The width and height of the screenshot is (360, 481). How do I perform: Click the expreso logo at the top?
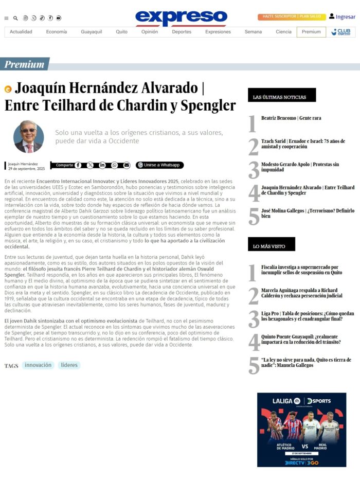[x=181, y=17]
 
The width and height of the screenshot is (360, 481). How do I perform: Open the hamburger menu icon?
[x=6, y=18]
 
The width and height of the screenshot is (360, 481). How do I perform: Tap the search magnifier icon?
[x=15, y=18]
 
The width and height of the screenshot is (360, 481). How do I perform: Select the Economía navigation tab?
[x=56, y=32]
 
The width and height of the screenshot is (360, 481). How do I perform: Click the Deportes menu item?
[x=182, y=32]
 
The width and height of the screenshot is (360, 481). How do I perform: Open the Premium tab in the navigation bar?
[x=311, y=32]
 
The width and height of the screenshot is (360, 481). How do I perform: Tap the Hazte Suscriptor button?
[x=278, y=17]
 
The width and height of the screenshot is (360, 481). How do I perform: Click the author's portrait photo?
[x=28, y=136]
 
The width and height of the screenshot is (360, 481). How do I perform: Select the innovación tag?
[x=39, y=365]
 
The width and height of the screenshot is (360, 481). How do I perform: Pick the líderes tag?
[x=69, y=365]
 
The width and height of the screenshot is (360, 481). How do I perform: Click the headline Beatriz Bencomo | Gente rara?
[x=291, y=118]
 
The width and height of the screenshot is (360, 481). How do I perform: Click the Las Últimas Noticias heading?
[x=281, y=97]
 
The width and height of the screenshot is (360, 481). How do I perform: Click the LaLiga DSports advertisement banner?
[x=301, y=430]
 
